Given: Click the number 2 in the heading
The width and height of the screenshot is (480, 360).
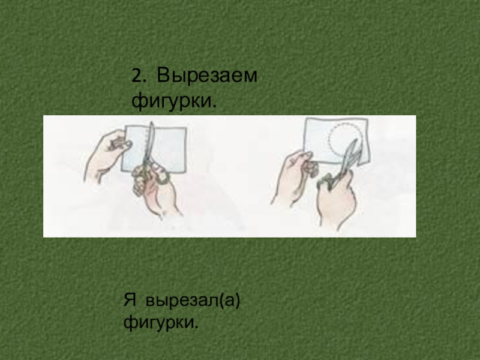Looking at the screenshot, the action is coord(137,76).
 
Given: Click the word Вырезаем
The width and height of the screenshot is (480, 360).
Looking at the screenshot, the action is coord(207,76).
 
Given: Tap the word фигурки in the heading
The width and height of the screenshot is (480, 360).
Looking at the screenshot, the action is coord(172,101).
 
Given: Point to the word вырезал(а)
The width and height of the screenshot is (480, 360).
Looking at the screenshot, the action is coord(193,301).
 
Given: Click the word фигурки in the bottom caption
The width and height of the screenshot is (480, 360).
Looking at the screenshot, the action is coord(158,323).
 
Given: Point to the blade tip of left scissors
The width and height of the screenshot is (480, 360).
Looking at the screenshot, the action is coord(151,122).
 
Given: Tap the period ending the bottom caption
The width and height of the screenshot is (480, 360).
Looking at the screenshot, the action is coord(196,327).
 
